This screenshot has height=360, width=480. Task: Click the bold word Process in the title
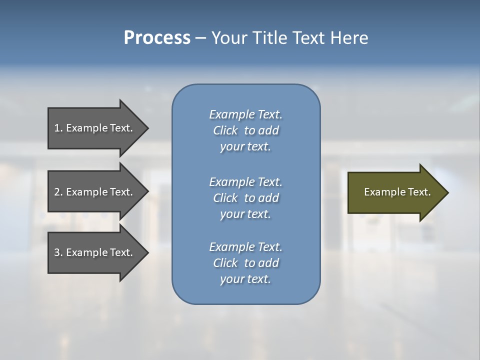(x=157, y=38)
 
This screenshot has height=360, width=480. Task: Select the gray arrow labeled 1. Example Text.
(x=95, y=128)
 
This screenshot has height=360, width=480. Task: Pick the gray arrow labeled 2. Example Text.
(x=95, y=192)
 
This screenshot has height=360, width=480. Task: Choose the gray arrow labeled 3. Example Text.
(x=95, y=252)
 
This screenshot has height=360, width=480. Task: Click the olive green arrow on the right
(x=395, y=192)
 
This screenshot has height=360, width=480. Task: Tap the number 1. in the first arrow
(x=58, y=128)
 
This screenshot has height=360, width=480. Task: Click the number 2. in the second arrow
(x=58, y=192)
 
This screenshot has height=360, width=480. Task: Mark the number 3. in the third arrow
(x=58, y=252)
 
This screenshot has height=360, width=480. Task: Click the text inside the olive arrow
(x=397, y=192)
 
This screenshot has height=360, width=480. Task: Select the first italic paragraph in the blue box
(x=245, y=130)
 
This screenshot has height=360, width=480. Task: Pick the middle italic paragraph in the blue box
(x=245, y=198)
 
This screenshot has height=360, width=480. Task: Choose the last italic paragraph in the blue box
(x=245, y=263)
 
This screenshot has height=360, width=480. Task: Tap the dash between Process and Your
(x=200, y=38)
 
